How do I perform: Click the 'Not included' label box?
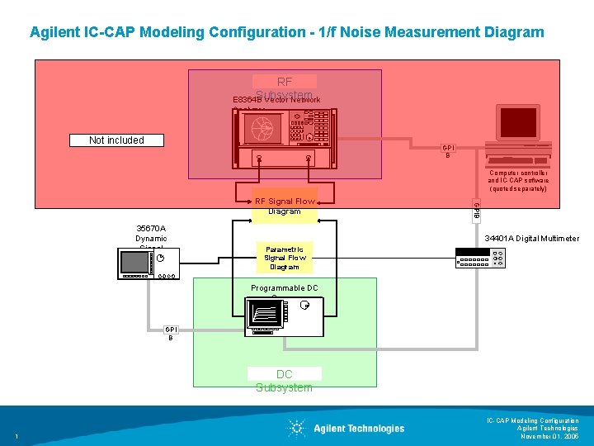pyautogui.click(x=116, y=140)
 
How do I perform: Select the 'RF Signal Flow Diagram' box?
pyautogui.click(x=284, y=206)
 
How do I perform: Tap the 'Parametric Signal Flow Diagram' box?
pyautogui.click(x=284, y=258)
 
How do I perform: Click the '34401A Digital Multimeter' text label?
pyautogui.click(x=531, y=239)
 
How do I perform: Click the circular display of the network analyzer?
pyautogui.click(x=263, y=127)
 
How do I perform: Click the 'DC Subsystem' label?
pyautogui.click(x=284, y=381)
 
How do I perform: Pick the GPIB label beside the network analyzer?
pyautogui.click(x=448, y=151)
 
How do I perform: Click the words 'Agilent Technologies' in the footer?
pyautogui.click(x=359, y=428)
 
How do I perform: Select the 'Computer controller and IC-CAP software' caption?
pyautogui.click(x=517, y=181)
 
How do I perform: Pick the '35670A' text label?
pyautogui.click(x=151, y=229)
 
